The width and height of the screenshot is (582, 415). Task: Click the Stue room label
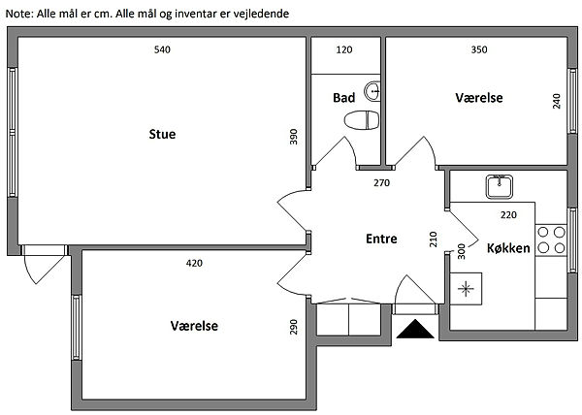tap(162, 134)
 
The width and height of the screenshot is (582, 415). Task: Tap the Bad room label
tap(343, 98)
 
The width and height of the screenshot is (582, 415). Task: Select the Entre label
tap(381, 239)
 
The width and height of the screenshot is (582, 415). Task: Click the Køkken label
tap(507, 248)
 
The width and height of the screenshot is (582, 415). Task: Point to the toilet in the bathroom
tap(361, 121)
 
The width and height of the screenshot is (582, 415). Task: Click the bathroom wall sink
tap(376, 94)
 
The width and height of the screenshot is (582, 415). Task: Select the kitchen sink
tap(501, 184)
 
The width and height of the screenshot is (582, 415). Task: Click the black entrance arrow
tap(414, 330)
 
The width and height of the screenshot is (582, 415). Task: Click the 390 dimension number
tap(293, 138)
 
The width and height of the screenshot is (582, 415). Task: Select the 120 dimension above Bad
tap(344, 49)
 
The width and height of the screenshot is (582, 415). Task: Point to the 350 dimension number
tap(478, 49)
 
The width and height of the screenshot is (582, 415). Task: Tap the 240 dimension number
tap(557, 101)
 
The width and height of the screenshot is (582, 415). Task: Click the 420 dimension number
tap(194, 262)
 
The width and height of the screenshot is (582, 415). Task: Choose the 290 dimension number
tap(293, 328)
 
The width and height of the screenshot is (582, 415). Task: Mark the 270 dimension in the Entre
tap(382, 182)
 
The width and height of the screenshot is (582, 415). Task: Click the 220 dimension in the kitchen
tap(508, 214)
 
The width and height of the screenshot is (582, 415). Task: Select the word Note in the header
tap(19, 14)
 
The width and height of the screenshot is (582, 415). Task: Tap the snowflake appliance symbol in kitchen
tap(466, 288)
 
